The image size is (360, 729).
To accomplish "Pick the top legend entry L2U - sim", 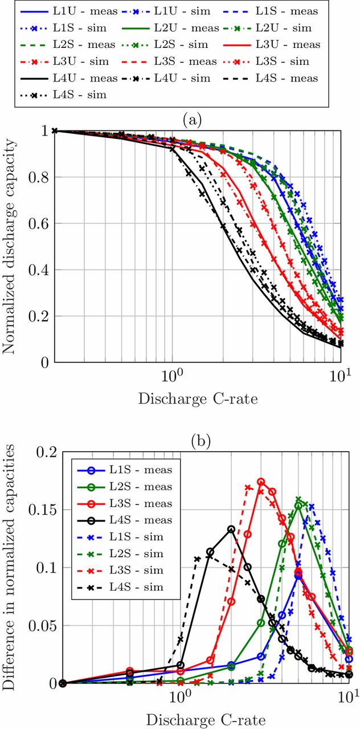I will [292, 28].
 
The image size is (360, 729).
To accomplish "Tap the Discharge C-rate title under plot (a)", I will [197, 399].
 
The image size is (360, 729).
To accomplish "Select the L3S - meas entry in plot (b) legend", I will [140, 503].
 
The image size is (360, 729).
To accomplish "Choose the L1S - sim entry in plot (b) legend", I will [137, 537].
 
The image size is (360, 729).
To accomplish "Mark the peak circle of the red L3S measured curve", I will [261, 482].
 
